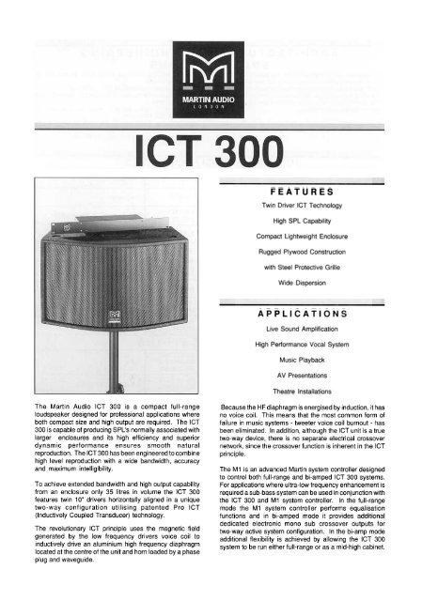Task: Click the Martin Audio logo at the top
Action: [x=218, y=73]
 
